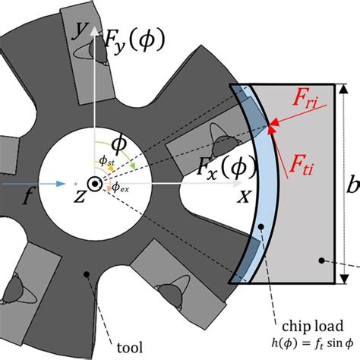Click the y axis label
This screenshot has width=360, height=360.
pos(77,30)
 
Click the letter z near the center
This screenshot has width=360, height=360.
pos(77,196)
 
